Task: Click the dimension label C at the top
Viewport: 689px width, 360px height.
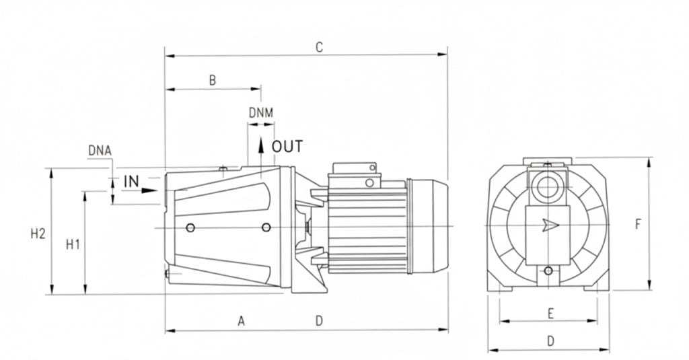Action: click(320, 47)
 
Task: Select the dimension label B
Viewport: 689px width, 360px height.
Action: click(213, 81)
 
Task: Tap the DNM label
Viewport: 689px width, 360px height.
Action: click(261, 113)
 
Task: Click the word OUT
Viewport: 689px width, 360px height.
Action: click(287, 147)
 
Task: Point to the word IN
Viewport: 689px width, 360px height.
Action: click(131, 181)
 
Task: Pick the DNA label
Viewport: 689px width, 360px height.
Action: click(100, 151)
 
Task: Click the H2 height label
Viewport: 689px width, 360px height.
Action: click(38, 234)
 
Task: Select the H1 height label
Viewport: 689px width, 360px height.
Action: click(73, 244)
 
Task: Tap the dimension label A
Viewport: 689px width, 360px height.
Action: click(242, 321)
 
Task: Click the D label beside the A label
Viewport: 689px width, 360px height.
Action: click(320, 321)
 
